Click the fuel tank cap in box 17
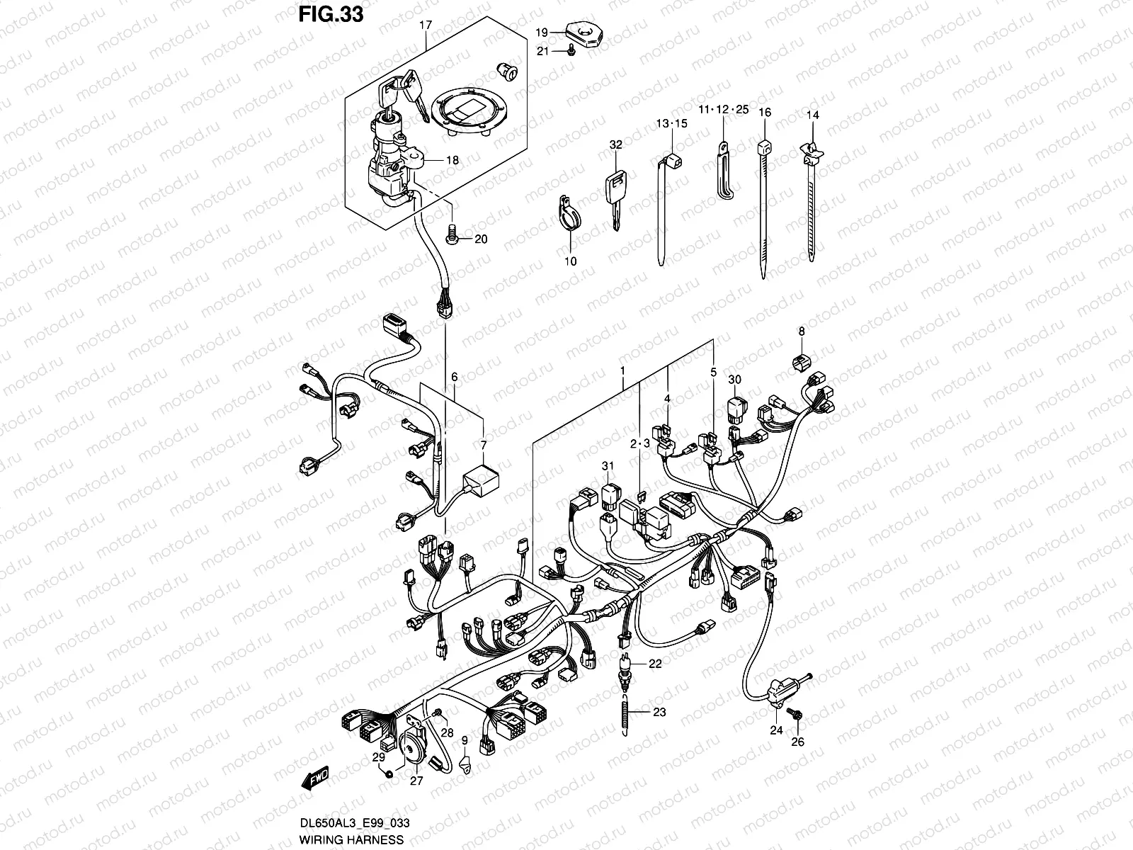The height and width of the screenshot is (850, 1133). [x=468, y=111]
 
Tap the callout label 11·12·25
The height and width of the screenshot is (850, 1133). [x=722, y=110]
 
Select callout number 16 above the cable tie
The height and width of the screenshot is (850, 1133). [x=764, y=113]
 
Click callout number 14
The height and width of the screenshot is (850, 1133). [x=812, y=114]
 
